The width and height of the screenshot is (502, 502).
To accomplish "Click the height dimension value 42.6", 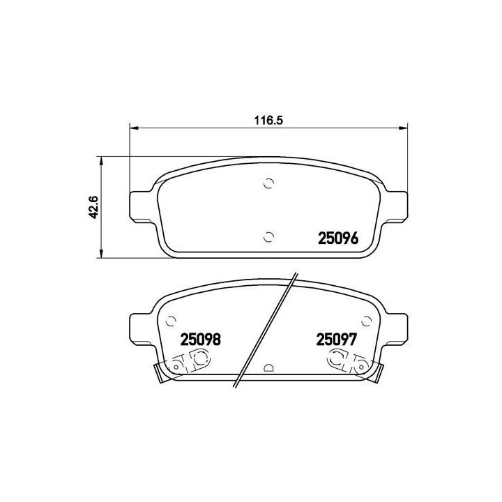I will [92, 208].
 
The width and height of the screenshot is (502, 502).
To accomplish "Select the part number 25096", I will [337, 238].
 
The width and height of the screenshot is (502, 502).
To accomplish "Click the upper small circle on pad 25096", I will [269, 184].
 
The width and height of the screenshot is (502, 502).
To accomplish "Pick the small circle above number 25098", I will [169, 321].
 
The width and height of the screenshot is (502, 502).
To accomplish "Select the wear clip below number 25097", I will [347, 361].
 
